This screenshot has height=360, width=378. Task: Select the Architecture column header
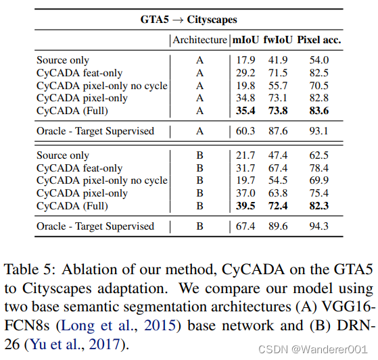coord(199,40)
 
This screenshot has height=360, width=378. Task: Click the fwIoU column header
coord(277,40)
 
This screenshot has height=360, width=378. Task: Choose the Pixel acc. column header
coord(318,40)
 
